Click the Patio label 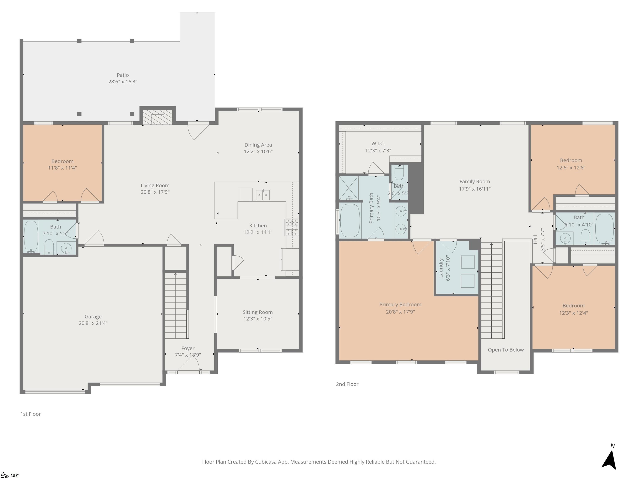coord(123,75)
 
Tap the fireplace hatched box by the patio coord(157,117)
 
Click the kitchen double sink coord(263,195)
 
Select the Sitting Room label coord(258,312)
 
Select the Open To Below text coord(506,350)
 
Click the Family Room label coord(475,182)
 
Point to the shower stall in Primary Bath coord(349,188)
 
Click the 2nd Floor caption coord(347,384)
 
